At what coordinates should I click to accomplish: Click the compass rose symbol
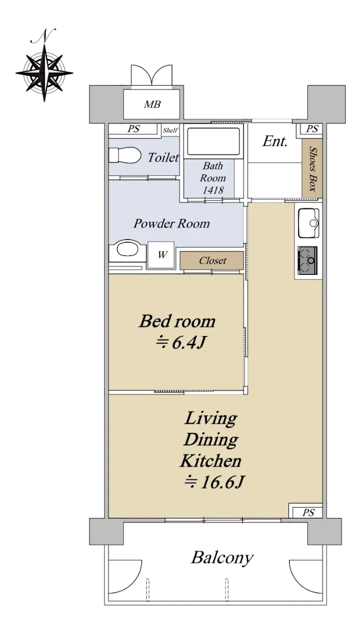[44, 73]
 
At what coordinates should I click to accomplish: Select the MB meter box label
[152, 105]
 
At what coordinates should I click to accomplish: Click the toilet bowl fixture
[125, 155]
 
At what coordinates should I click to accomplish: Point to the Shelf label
[171, 131]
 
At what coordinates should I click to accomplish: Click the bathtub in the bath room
[213, 141]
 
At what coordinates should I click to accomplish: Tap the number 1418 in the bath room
[213, 191]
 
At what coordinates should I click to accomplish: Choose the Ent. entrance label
[275, 141]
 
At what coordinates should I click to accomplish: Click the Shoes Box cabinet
[312, 168]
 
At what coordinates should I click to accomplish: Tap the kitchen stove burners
[308, 261]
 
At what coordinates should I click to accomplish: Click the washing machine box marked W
[161, 255]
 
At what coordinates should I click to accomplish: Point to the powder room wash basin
[128, 249]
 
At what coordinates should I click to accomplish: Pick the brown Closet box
[212, 260]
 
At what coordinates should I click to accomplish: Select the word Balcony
[223, 558]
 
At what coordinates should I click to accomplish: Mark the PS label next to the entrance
[312, 129]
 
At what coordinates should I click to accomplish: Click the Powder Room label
[172, 224]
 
